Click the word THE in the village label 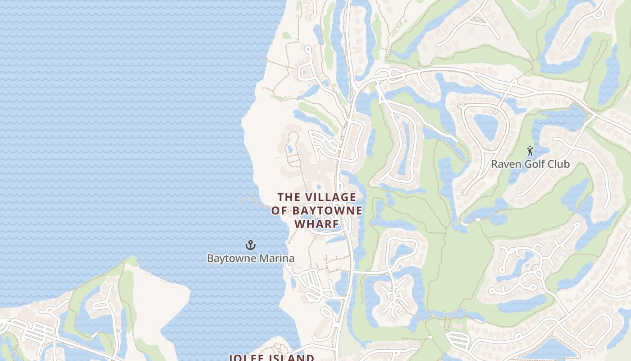click(x=288, y=197)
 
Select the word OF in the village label click(x=279, y=211)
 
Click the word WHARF click(x=316, y=224)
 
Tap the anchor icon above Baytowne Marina click(x=251, y=245)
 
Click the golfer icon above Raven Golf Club click(x=530, y=151)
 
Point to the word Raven click(x=503, y=164)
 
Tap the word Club click(x=559, y=164)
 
